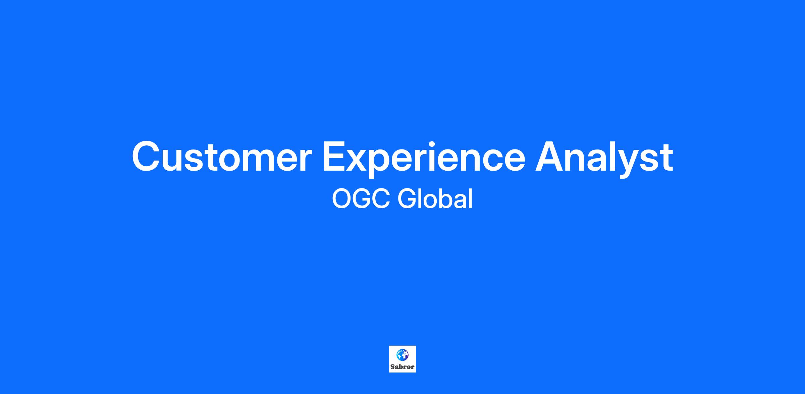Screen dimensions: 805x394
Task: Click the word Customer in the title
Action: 222,157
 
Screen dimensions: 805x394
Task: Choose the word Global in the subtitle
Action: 435,199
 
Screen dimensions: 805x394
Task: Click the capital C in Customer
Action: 147,157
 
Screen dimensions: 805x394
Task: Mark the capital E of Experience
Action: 334,157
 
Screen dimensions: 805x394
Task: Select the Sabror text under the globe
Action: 402,367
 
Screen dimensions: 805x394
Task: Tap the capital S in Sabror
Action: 392,367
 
